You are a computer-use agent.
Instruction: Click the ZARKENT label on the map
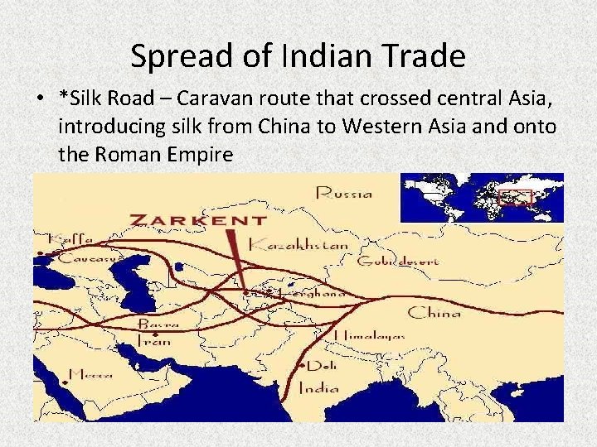(x=199, y=221)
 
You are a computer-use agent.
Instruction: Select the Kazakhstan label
(x=298, y=245)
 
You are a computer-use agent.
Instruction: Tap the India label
(x=318, y=387)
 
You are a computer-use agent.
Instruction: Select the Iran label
(x=153, y=340)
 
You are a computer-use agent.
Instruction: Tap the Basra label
(x=158, y=324)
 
